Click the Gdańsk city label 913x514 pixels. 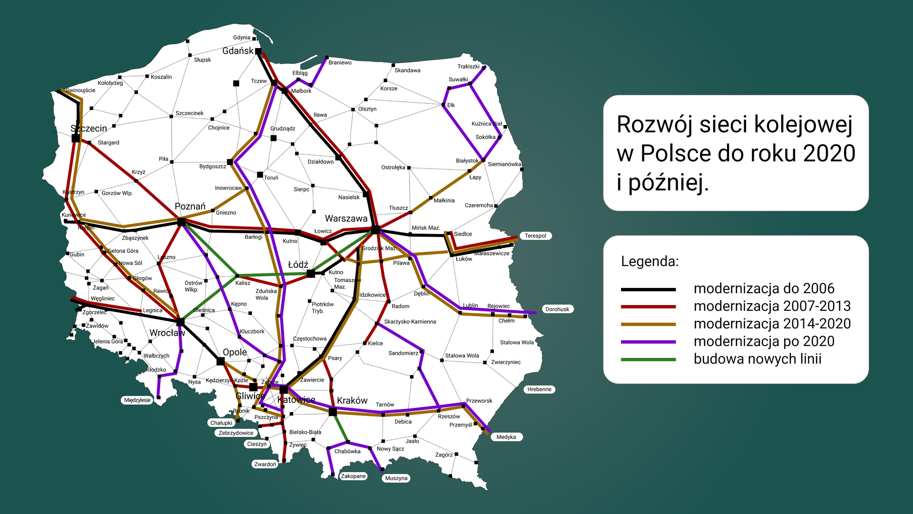point(238,51)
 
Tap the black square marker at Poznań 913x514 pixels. point(181,222)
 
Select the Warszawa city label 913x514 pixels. point(346,218)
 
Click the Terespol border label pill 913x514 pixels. point(535,236)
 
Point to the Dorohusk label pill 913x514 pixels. point(557,309)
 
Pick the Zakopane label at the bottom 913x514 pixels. point(353,476)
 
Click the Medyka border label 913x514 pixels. point(506,437)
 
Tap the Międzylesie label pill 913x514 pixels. point(137,400)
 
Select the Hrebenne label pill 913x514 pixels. point(539,389)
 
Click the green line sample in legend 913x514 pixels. point(648,359)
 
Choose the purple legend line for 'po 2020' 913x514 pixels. point(648,342)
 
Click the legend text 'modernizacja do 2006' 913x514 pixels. point(764,288)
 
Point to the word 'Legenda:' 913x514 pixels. point(650,261)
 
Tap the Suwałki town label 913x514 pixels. point(458,79)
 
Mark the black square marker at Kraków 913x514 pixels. point(333,412)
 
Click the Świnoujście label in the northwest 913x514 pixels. point(80,90)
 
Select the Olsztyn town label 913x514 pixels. point(367,109)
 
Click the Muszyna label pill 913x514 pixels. point(396,478)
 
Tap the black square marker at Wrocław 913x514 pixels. point(180,322)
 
